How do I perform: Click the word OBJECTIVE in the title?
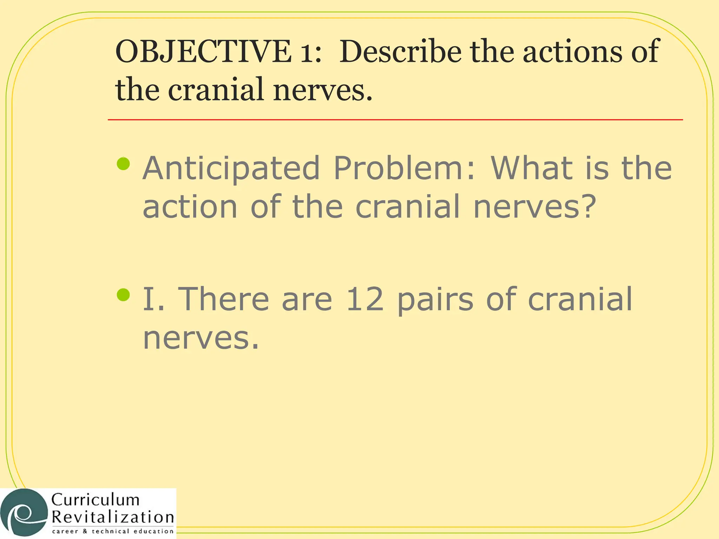pos(203,52)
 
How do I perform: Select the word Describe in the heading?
pos(400,52)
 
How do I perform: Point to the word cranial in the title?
pos(216,90)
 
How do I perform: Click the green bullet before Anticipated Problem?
pos(123,164)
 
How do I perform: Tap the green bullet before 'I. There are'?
pos(123,295)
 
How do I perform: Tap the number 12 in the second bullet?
pos(365,299)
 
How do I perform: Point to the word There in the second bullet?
pos(224,299)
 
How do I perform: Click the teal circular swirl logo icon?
pos(24,513)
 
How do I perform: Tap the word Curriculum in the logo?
pos(95,500)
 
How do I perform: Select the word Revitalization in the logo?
pos(113,517)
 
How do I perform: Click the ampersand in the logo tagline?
pos(85,532)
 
